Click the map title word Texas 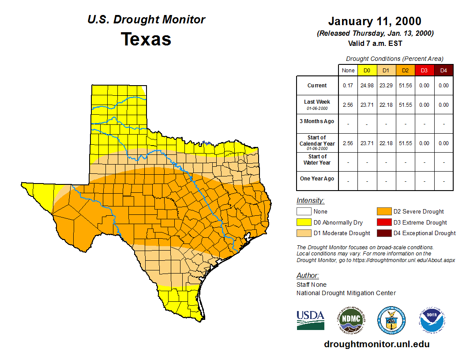click(x=146, y=39)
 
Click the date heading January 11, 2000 click(x=375, y=21)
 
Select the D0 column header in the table click(x=367, y=71)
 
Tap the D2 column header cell click(x=405, y=71)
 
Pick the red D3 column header click(x=424, y=71)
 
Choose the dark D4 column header click(x=443, y=71)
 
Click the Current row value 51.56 click(x=405, y=86)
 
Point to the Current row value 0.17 click(x=348, y=86)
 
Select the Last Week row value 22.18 click(x=386, y=105)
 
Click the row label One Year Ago click(x=317, y=179)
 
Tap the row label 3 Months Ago click(x=317, y=121)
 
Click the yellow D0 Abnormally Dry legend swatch click(x=304, y=223)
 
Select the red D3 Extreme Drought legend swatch click(x=384, y=223)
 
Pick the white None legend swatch click(x=304, y=212)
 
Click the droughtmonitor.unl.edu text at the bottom click(x=376, y=344)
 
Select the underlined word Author click(x=307, y=276)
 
